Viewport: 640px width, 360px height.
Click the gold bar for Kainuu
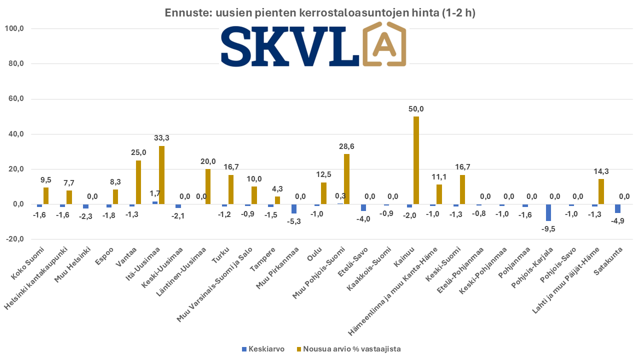tap(416, 160)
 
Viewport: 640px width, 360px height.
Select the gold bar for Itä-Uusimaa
tap(161, 175)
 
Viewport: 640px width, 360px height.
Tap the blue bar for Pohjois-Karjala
tap(548, 212)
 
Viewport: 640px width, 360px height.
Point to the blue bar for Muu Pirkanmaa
tap(294, 209)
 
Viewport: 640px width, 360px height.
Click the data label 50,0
tap(415, 109)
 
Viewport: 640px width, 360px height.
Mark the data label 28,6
tap(346, 146)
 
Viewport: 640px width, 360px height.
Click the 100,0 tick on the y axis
tap(14, 28)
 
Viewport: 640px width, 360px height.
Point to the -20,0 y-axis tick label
tap(14, 239)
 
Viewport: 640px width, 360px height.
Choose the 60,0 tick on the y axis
tap(14, 99)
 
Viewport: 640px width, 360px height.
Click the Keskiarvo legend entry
tap(263, 349)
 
